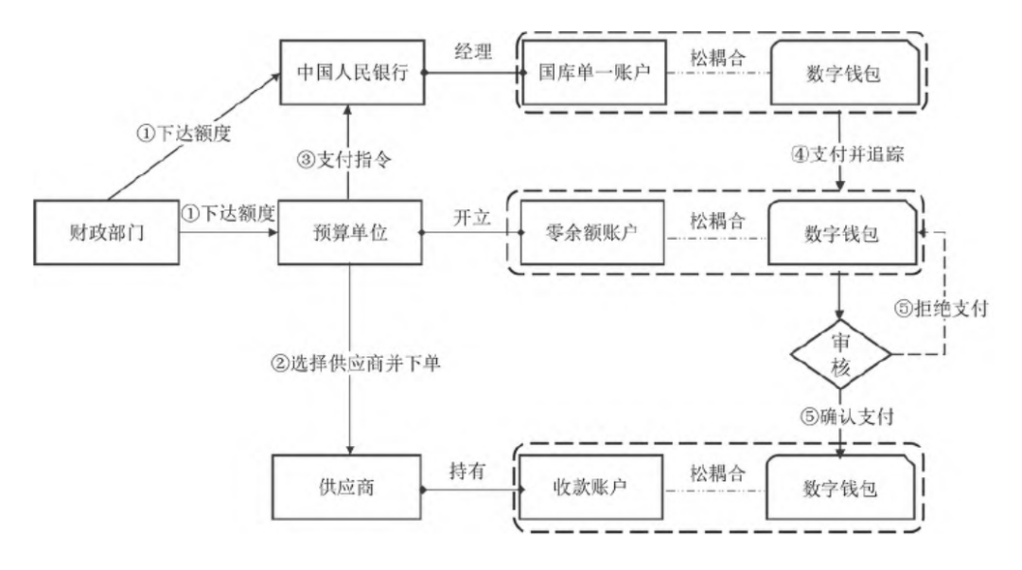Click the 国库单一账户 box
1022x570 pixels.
tap(594, 73)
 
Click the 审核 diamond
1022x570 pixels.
tap(840, 355)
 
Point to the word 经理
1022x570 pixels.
tap(473, 53)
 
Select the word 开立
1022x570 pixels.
tap(473, 217)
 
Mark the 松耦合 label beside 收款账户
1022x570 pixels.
tap(716, 470)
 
